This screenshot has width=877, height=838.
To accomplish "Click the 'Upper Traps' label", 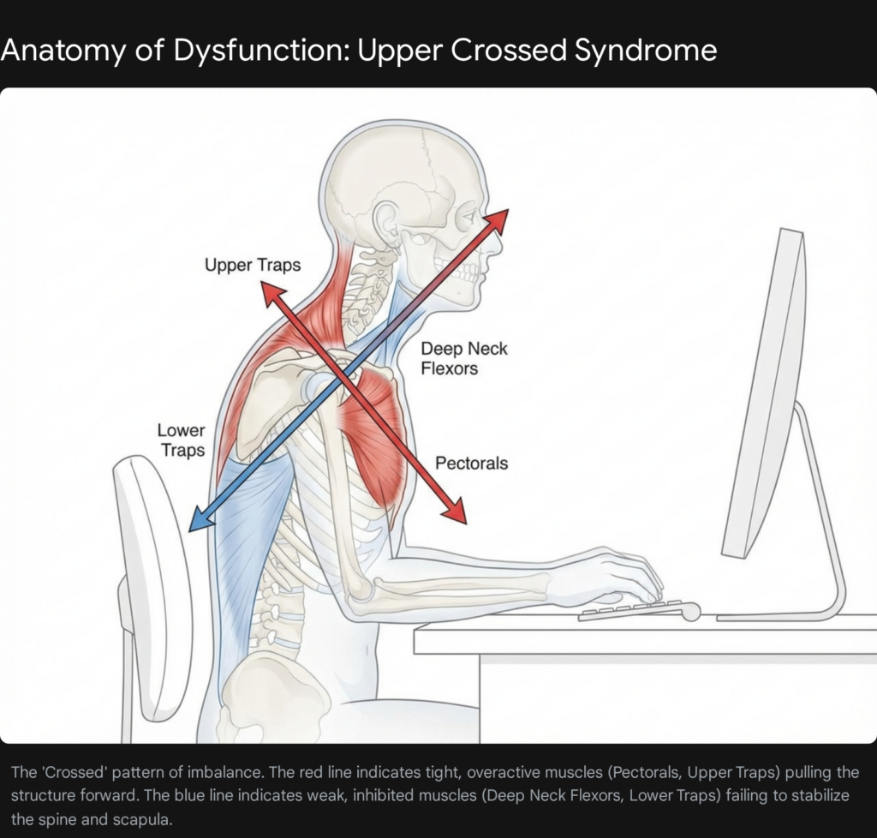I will click(253, 265).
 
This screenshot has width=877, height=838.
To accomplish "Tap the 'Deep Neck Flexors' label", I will click(463, 359).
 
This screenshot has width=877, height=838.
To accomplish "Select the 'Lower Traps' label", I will click(181, 440).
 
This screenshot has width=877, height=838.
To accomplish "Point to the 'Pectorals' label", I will click(471, 464).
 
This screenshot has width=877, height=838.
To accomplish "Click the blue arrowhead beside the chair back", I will click(198, 520).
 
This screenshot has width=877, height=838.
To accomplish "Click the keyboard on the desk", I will click(634, 609).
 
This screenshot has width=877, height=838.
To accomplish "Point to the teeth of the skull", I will click(469, 273).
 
